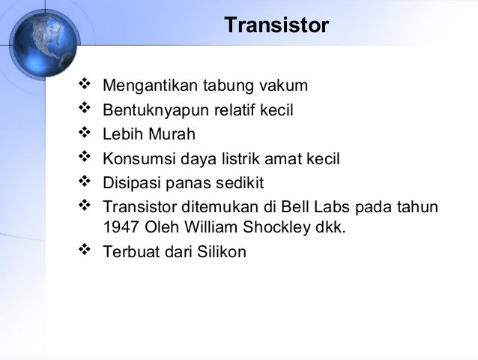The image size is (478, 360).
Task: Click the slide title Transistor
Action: (x=276, y=25)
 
